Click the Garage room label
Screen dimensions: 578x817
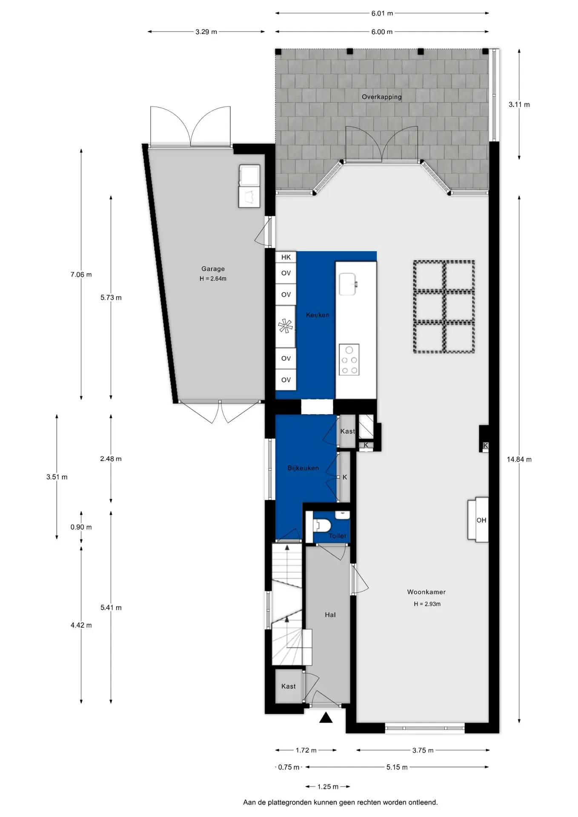[x=213, y=269]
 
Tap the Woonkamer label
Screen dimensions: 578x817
[x=426, y=592]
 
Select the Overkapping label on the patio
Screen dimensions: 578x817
[x=381, y=97]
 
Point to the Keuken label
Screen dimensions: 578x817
[x=318, y=315]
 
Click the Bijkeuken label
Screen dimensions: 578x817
[x=303, y=468]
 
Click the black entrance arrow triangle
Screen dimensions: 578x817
[x=326, y=717]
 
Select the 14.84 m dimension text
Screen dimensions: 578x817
[x=519, y=460]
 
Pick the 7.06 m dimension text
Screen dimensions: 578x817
[x=81, y=275]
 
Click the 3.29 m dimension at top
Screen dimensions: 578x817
[x=206, y=32]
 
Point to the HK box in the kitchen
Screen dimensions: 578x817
[x=286, y=257]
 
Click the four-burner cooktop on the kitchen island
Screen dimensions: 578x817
[x=349, y=360]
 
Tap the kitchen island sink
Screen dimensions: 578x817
[x=348, y=284]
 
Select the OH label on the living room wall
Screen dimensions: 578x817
[x=481, y=520]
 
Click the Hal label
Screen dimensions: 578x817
[x=330, y=615]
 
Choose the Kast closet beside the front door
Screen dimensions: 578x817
[x=289, y=686]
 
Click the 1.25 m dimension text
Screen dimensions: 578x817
[x=328, y=787]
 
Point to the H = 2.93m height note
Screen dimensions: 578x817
[x=427, y=604]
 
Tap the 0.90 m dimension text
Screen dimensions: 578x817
[x=81, y=527]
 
